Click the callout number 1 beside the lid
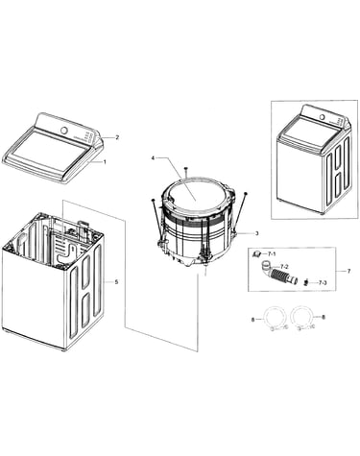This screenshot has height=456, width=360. [x=105, y=162]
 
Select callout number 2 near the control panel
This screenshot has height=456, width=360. [x=117, y=137]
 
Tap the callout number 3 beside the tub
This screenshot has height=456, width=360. [x=256, y=233]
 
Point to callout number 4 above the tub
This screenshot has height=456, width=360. [x=153, y=158]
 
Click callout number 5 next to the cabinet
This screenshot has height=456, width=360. [x=116, y=282]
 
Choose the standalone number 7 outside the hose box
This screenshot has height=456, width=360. [x=348, y=271]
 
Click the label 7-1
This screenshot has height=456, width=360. [x=272, y=253]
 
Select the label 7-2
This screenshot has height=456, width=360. [x=284, y=266]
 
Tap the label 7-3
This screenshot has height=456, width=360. [x=323, y=282]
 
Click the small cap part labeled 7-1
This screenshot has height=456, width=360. [x=256, y=254]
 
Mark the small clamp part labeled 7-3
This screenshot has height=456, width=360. [x=306, y=282]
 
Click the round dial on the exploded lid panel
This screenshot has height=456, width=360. [x=64, y=131]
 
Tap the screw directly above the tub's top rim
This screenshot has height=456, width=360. [x=185, y=173]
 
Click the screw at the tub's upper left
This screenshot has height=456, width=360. [x=156, y=218]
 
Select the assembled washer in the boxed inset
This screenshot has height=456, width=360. [x=313, y=159]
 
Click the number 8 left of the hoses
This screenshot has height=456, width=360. [x=252, y=319]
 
